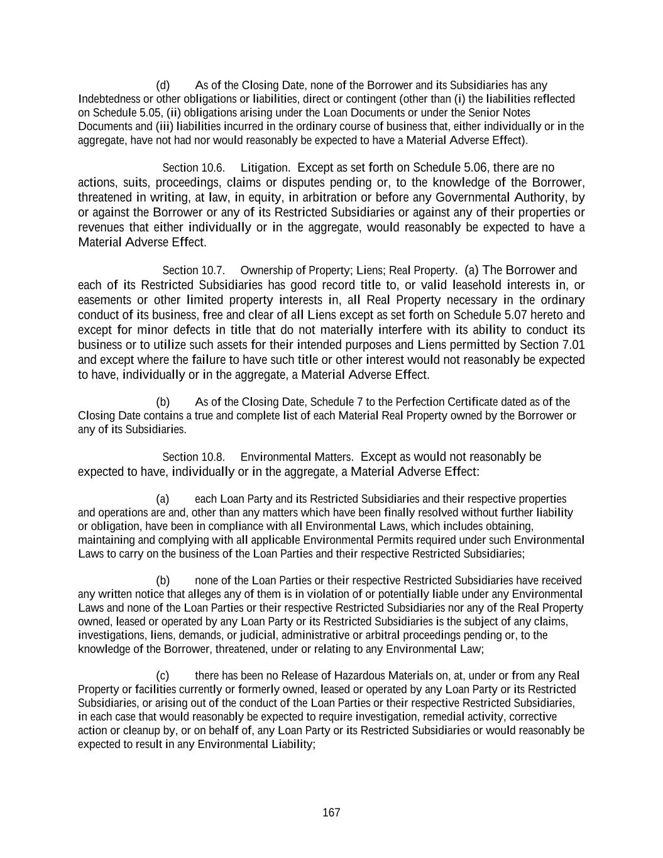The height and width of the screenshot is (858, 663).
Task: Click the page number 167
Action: (x=331, y=813)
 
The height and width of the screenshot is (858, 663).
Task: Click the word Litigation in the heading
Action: (x=265, y=168)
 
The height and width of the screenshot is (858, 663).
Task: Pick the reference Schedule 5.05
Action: (x=127, y=113)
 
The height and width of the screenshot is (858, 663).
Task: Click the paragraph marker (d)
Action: (x=163, y=85)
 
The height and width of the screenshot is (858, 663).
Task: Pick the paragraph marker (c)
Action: (x=163, y=676)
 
